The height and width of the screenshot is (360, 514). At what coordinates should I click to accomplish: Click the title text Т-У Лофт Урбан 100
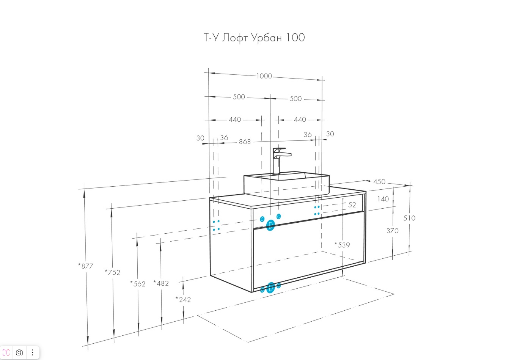click(x=254, y=38)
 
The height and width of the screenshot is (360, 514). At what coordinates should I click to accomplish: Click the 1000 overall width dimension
click(x=264, y=76)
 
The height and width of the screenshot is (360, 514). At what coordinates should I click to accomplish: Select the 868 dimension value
click(x=245, y=141)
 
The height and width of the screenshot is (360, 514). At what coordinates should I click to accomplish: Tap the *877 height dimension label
click(x=86, y=266)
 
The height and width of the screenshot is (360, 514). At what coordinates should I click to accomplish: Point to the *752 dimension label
click(x=113, y=272)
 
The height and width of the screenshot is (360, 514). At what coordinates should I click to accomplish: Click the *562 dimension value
click(x=138, y=283)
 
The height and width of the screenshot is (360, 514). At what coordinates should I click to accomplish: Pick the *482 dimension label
click(x=161, y=283)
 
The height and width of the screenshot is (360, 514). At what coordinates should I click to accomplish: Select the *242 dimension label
click(x=183, y=299)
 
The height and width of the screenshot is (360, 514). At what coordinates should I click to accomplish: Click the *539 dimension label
click(x=342, y=245)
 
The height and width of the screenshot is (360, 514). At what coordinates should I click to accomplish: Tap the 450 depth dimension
click(x=379, y=182)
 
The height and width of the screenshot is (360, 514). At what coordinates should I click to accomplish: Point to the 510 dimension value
click(x=409, y=218)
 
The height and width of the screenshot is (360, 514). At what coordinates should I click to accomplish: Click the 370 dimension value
click(x=393, y=231)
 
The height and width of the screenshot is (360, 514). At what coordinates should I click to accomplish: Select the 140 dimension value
click(x=383, y=199)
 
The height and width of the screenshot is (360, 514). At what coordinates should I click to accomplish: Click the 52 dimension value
click(x=352, y=205)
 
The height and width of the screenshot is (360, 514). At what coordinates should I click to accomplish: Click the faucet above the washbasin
click(x=280, y=160)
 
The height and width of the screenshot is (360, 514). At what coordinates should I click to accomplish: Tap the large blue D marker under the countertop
click(x=270, y=225)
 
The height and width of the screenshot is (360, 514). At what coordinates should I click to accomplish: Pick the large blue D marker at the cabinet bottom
click(x=271, y=288)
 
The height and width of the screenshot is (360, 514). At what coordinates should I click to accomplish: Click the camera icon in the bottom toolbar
click(x=19, y=352)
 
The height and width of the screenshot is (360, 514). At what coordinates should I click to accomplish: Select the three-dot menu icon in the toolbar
click(x=33, y=352)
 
